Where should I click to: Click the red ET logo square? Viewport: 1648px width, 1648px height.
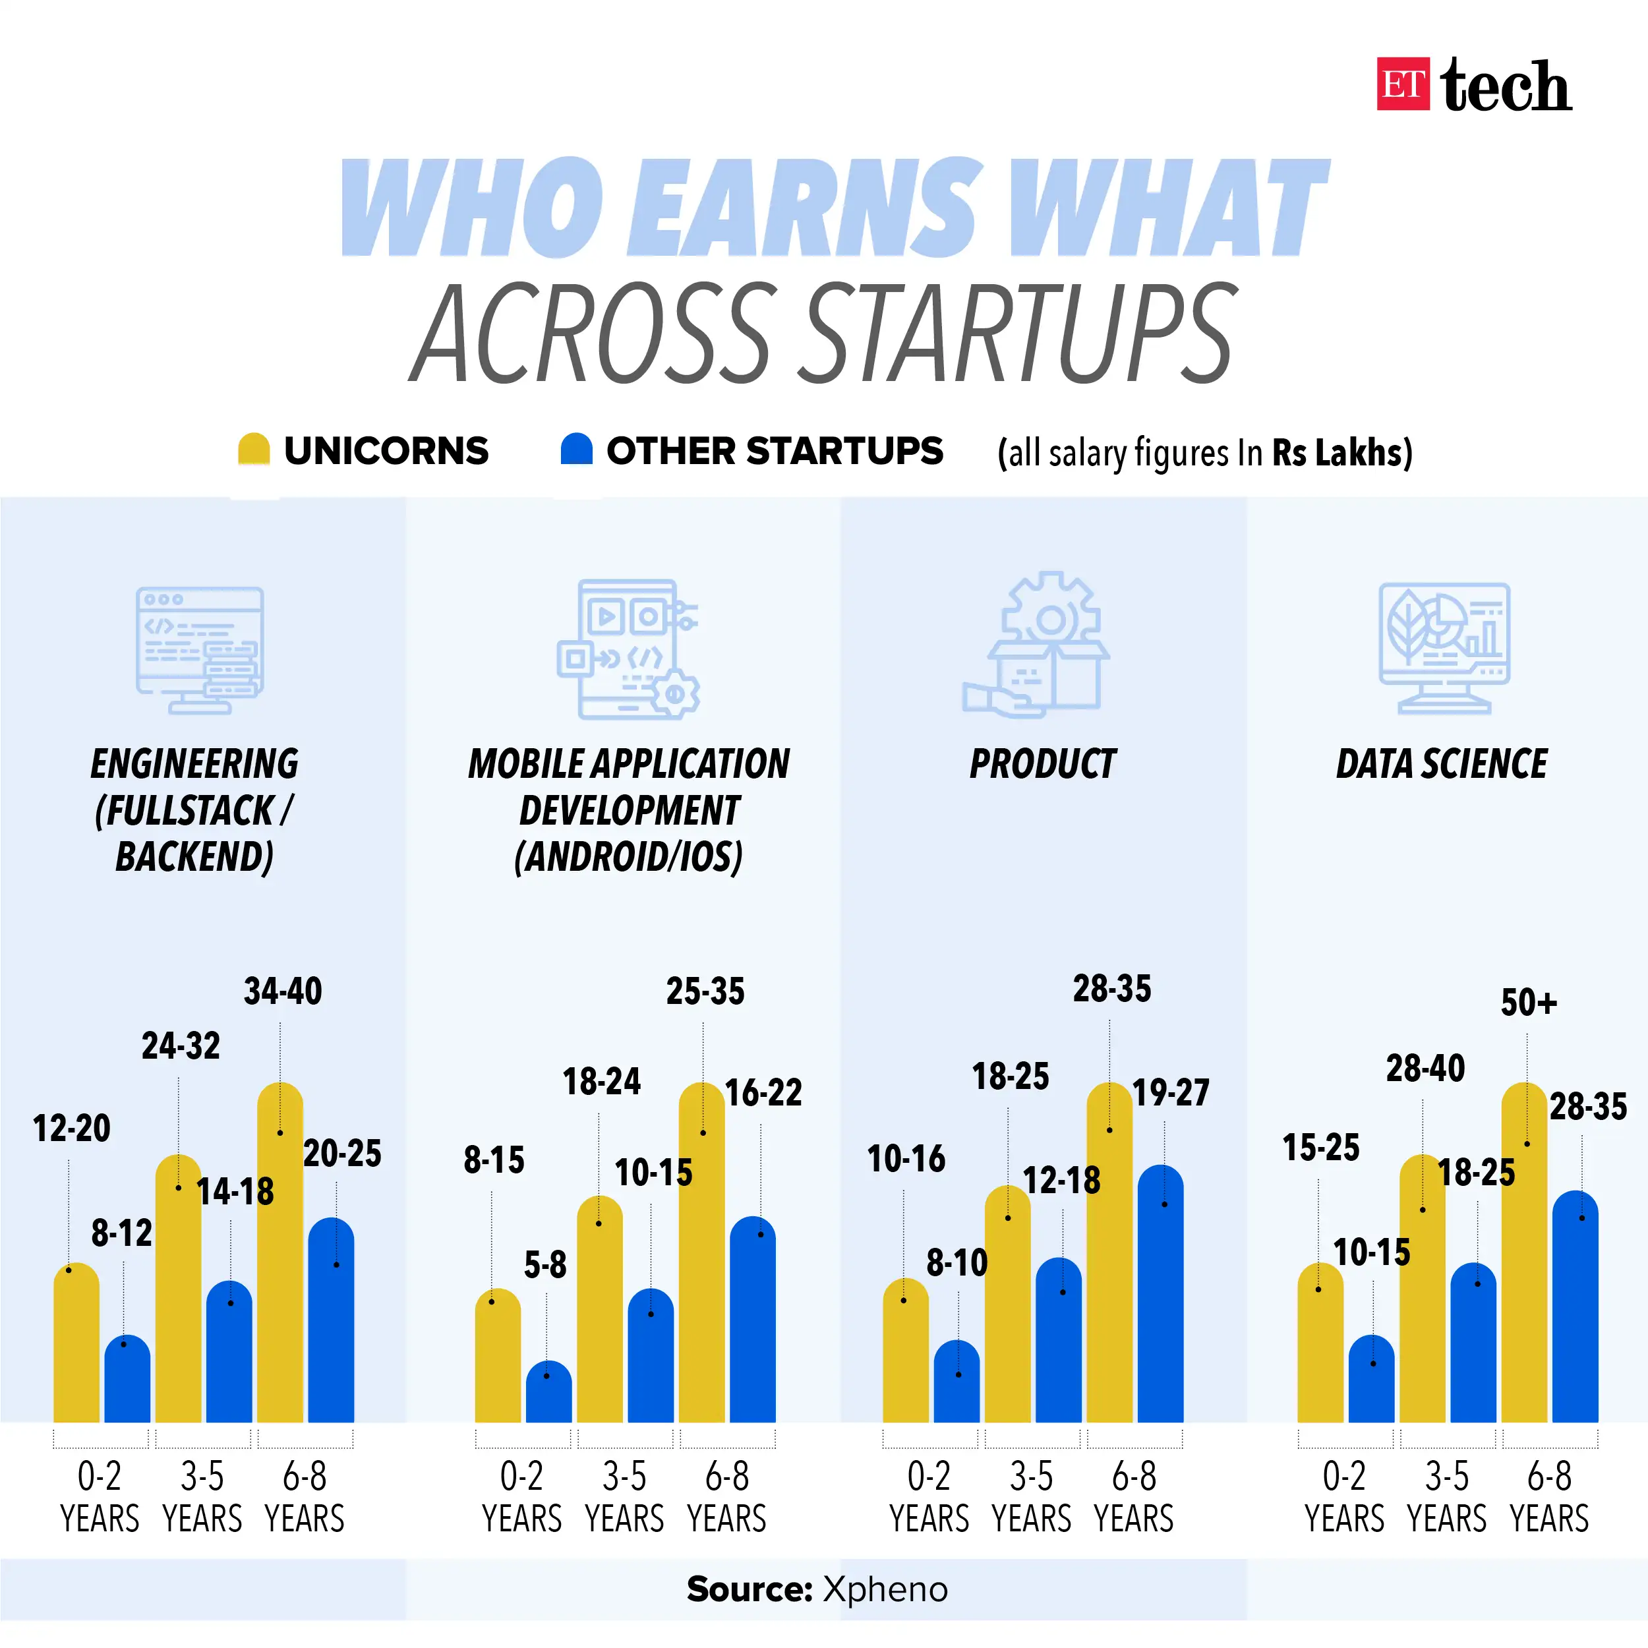point(1402,84)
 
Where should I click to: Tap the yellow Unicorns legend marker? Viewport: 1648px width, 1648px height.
point(253,450)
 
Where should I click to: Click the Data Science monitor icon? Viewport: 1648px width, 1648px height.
point(1444,647)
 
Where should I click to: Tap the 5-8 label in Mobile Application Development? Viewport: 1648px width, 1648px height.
point(545,1264)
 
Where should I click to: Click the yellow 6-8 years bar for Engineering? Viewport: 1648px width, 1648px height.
point(280,1262)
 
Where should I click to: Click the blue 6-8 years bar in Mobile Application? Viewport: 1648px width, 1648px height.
point(753,1322)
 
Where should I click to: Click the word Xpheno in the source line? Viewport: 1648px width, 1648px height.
point(885,1589)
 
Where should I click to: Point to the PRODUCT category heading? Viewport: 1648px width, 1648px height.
point(1042,763)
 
